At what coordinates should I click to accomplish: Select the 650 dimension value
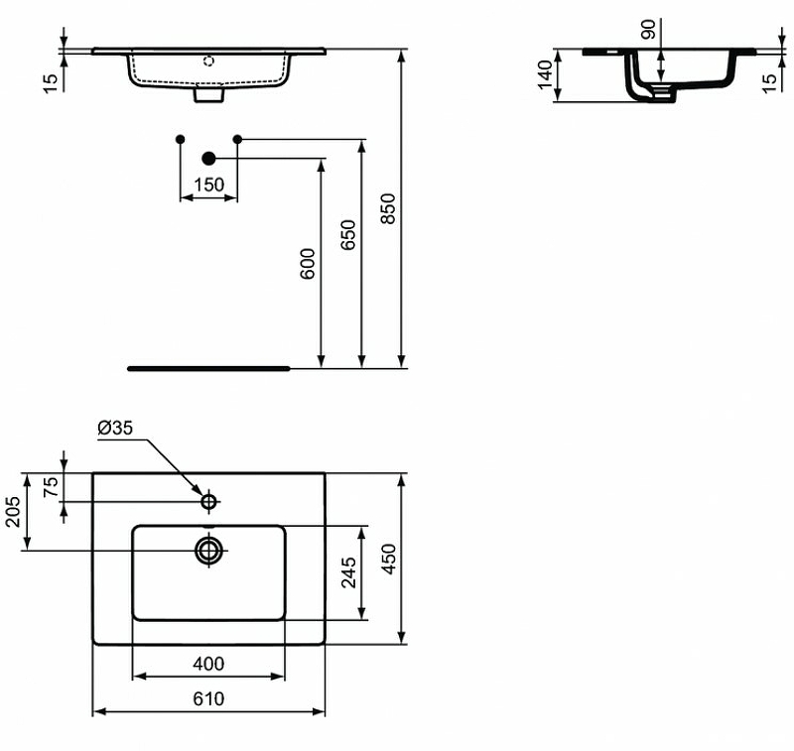348,235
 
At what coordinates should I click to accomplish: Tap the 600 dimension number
308,263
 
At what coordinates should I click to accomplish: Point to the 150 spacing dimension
208,185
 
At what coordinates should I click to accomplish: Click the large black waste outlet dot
208,158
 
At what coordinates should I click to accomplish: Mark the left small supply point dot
180,138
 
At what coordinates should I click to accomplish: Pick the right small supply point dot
237,138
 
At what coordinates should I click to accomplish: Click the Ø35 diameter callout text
115,429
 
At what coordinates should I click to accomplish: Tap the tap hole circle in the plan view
209,502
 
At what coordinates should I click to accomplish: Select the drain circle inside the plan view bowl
209,550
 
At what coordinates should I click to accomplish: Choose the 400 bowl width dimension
208,664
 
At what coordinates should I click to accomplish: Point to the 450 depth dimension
389,558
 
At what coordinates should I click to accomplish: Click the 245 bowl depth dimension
348,572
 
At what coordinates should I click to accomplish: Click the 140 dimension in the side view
545,74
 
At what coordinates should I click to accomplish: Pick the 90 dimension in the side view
648,30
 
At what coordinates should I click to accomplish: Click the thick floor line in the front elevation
208,367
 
